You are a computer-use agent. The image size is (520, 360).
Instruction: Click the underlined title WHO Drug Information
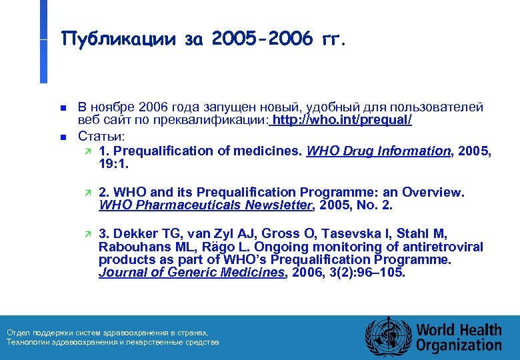(378, 151)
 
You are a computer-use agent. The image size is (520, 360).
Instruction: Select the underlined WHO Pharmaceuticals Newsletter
(206, 205)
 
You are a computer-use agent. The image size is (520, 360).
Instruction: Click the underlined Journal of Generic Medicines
(191, 272)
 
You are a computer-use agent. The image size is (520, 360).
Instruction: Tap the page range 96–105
(381, 272)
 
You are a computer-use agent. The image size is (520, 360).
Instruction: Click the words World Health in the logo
(459, 329)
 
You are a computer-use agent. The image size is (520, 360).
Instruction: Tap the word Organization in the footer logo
(459, 345)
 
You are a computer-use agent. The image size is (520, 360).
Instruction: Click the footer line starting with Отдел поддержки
(107, 332)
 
